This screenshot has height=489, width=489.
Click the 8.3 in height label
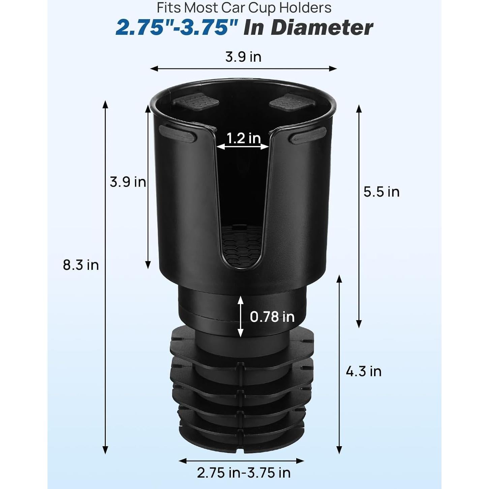click(x=81, y=265)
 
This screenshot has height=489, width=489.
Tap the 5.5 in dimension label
click(x=381, y=192)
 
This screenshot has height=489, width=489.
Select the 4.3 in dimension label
click(x=364, y=371)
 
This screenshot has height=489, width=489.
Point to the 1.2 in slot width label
click(x=243, y=138)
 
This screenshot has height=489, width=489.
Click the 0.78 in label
click(x=272, y=317)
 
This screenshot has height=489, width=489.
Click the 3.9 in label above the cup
click(x=243, y=57)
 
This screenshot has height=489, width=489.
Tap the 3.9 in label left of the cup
click(x=128, y=182)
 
